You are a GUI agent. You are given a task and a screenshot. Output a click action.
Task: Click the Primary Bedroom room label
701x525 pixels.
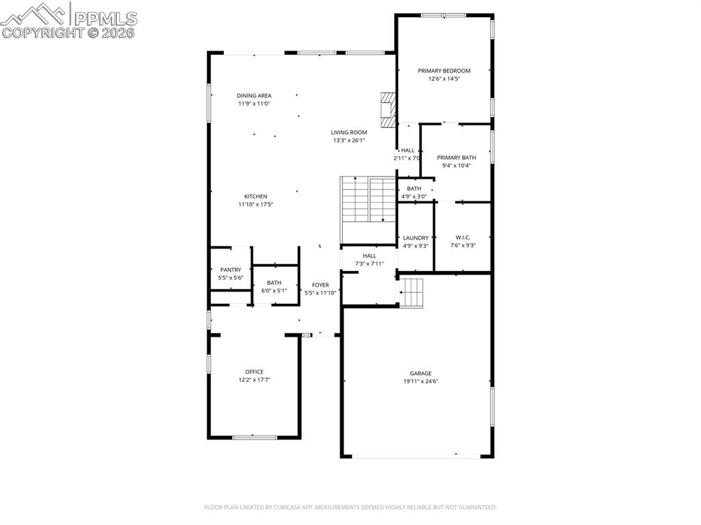444,71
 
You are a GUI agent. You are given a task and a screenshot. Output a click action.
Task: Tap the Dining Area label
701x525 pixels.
255,96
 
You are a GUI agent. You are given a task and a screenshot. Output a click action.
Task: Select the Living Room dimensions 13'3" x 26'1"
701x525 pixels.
349,140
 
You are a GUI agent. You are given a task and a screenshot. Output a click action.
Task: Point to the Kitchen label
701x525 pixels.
256,196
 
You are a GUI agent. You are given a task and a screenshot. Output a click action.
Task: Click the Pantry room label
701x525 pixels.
231,270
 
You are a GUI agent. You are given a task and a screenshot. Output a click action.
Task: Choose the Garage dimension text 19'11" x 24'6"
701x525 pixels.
421,381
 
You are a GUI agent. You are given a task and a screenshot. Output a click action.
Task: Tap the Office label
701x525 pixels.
255,372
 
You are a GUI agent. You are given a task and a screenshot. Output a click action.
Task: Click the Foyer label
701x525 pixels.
320,285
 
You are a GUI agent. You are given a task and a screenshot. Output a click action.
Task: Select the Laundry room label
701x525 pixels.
416,238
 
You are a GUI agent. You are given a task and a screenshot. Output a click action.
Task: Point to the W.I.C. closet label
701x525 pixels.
463,238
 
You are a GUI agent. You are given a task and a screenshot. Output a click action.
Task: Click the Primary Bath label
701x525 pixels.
457,157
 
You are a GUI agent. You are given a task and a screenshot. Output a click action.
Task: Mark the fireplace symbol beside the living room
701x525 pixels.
388,110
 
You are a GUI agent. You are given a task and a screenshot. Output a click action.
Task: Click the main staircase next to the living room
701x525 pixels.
368,199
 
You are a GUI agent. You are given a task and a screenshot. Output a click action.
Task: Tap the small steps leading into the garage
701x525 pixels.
412,292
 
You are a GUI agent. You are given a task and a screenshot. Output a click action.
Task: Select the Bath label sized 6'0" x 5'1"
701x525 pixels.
274,283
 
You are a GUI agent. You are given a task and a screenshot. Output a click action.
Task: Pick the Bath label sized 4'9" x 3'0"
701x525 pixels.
414,189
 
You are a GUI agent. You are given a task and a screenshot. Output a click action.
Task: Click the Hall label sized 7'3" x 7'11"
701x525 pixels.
370,256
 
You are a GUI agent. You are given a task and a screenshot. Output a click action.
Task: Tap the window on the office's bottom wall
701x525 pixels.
255,437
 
